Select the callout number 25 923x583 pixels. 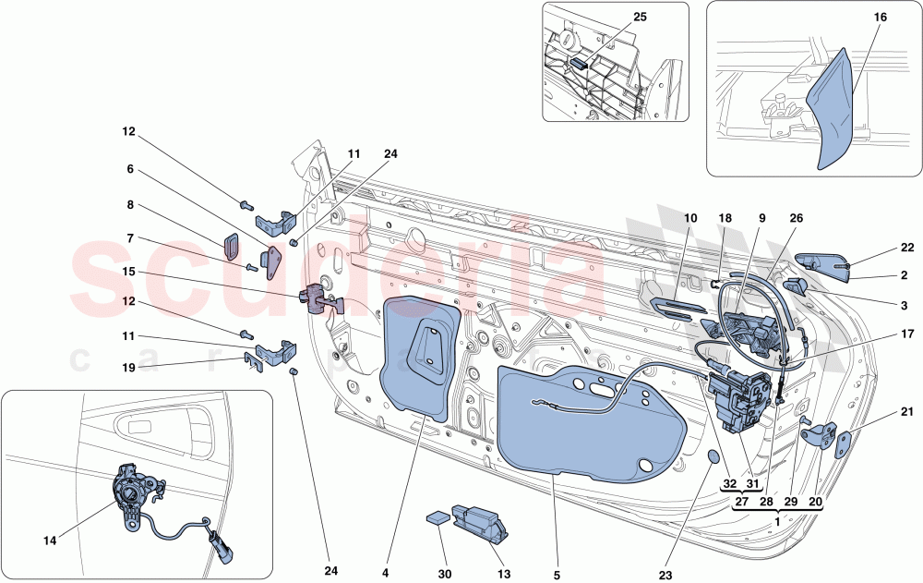pyautogui.click(x=614, y=18)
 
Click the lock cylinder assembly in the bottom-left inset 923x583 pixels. pyautogui.click(x=134, y=494)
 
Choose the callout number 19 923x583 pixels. pyautogui.click(x=129, y=367)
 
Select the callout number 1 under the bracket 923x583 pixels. pyautogui.click(x=777, y=521)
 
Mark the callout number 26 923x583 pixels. pyautogui.click(x=796, y=218)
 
